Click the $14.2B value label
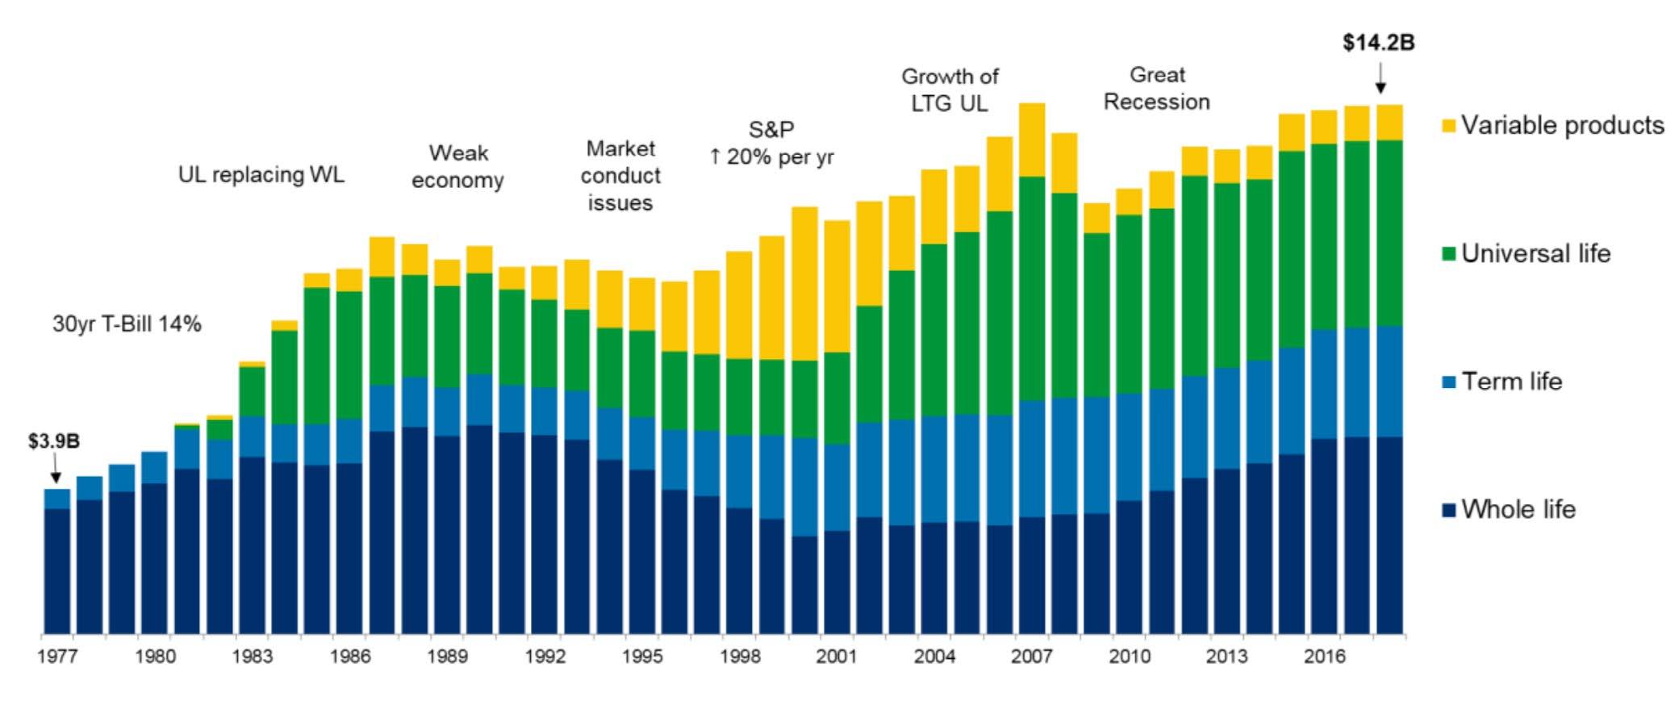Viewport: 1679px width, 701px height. [1378, 43]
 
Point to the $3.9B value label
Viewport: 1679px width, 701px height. [54, 442]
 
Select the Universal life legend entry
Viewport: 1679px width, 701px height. [1527, 253]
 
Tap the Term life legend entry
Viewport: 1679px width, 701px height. [1502, 381]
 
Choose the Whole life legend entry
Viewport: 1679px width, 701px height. [1509, 509]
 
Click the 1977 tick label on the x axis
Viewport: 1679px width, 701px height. [57, 657]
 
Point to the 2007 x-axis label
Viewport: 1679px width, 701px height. [1032, 657]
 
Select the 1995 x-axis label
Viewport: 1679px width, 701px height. [642, 657]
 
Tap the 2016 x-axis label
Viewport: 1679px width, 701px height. [1324, 657]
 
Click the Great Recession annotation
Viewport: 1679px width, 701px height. [1157, 89]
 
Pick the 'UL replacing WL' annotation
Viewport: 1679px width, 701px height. [261, 175]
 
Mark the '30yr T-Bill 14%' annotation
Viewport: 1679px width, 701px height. [127, 324]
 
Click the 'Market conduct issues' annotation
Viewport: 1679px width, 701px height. [620, 176]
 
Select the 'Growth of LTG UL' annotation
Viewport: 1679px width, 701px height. [950, 90]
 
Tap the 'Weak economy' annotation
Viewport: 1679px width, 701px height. [457, 166]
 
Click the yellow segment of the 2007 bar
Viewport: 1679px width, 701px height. [1032, 140]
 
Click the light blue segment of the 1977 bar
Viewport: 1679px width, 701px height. [57, 499]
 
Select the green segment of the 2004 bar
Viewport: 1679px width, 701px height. [934, 330]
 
